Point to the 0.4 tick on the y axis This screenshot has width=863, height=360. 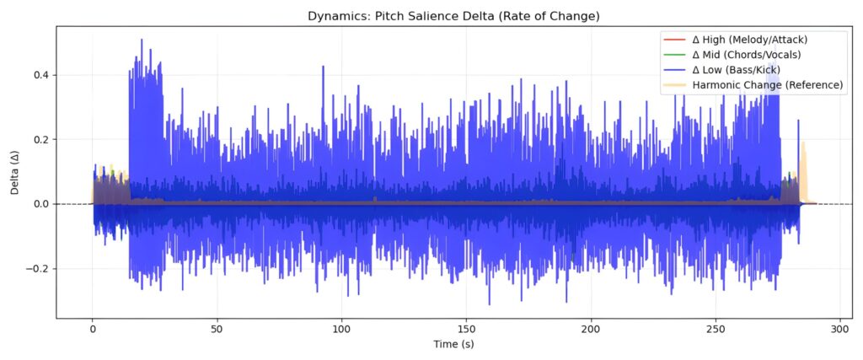(44, 75)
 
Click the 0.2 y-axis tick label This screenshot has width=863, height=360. (44, 139)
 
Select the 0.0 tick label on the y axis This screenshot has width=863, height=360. (44, 204)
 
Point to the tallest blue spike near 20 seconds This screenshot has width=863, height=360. (142, 40)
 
